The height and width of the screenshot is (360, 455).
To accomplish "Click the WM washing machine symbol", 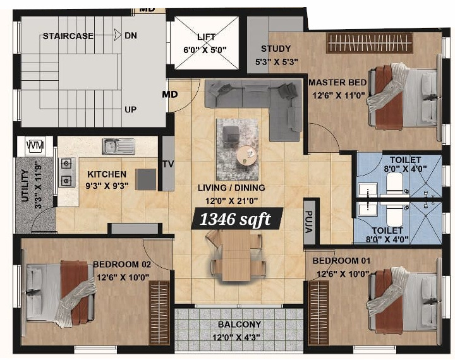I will pyautogui.click(x=35, y=145).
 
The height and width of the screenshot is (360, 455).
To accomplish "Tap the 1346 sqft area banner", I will pyautogui.click(x=236, y=219).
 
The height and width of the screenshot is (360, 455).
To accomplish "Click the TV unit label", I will pyautogui.click(x=168, y=164).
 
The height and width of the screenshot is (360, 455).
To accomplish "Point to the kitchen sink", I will pyautogui.click(x=118, y=146).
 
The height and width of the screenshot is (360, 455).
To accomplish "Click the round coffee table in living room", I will pyautogui.click(x=247, y=155).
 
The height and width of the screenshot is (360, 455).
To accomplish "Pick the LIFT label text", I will pyautogui.click(x=206, y=37).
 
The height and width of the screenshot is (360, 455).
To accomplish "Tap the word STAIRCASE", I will pyautogui.click(x=68, y=36).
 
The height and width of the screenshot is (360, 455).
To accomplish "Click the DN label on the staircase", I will pyautogui.click(x=131, y=36).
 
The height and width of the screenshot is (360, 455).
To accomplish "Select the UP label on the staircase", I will pyautogui.click(x=131, y=109).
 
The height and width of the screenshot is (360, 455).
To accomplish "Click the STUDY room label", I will pyautogui.click(x=276, y=49).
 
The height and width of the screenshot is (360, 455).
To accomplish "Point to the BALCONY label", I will pyautogui.click(x=240, y=325).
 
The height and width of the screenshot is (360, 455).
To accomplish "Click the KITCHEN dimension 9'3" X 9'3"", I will pyautogui.click(x=107, y=186).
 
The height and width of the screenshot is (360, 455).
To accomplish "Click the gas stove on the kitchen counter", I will pyautogui.click(x=65, y=172).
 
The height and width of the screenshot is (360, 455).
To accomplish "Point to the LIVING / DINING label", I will pyautogui.click(x=231, y=188).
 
